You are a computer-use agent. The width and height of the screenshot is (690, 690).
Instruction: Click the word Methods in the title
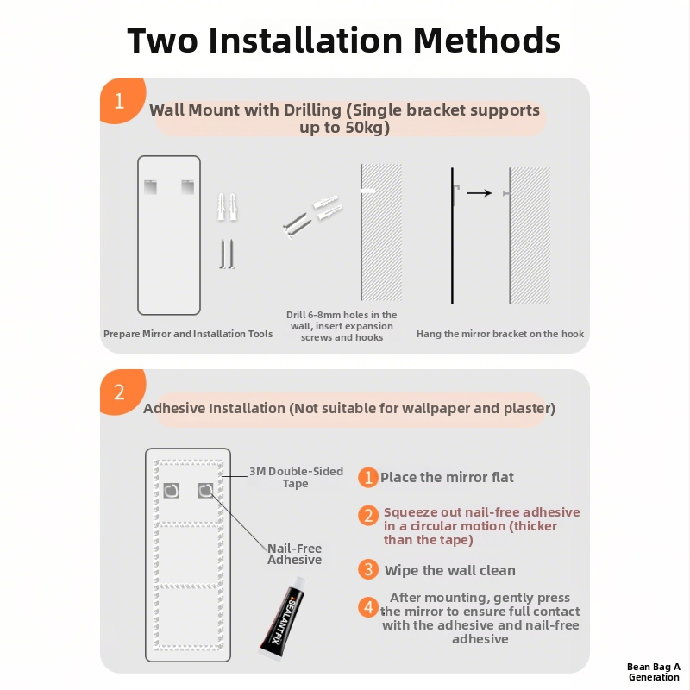[486, 41]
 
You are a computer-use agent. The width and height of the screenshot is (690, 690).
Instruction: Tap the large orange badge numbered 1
[122, 100]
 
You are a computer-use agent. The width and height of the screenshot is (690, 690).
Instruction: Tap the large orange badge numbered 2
[122, 392]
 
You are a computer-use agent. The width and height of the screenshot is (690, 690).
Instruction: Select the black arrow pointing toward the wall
[480, 192]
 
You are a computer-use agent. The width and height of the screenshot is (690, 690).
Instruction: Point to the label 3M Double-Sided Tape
[296, 477]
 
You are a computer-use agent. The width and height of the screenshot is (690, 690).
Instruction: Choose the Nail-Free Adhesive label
[294, 554]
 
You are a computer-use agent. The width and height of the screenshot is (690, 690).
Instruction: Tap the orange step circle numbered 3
[368, 569]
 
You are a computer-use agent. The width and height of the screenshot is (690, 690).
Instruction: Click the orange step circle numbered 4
[368, 607]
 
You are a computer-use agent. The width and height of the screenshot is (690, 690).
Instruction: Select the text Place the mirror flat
[447, 478]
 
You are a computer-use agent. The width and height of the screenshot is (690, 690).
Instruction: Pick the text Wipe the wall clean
[449, 570]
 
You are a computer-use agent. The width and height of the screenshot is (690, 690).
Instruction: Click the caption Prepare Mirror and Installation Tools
[188, 334]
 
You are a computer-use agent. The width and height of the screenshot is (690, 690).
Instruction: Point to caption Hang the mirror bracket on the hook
[500, 334]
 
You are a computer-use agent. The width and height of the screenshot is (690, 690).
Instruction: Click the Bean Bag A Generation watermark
[654, 672]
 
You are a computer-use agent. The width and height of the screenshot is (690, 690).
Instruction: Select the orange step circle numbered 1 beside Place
[368, 478]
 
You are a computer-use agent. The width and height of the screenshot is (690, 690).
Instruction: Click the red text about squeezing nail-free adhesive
[481, 526]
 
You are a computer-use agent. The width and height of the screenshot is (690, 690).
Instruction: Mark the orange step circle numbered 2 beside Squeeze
[368, 515]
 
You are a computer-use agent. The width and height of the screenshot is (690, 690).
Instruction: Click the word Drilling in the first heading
[312, 110]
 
